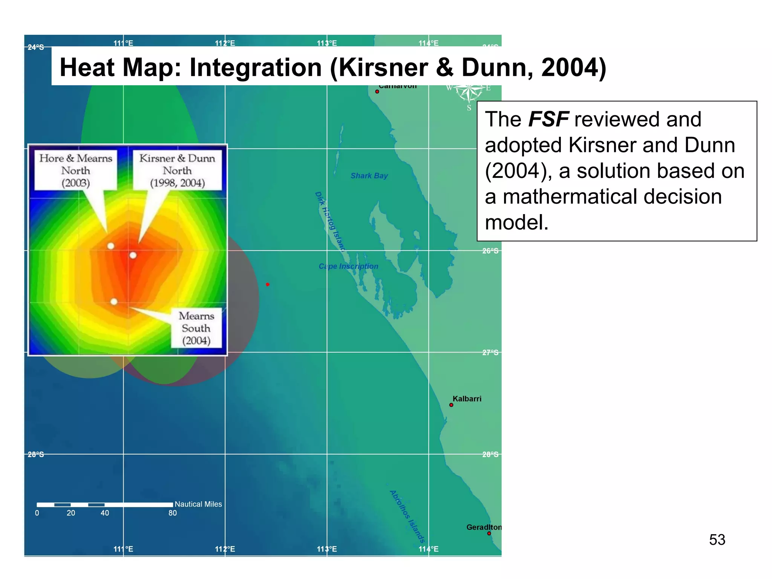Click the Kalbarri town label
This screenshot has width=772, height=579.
(x=467, y=398)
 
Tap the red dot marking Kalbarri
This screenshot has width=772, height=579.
(x=451, y=405)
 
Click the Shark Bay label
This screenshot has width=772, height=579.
(x=369, y=176)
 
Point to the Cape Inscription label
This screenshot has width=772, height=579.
(x=348, y=266)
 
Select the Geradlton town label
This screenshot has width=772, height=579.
(x=484, y=527)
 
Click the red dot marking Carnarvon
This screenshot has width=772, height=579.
(x=377, y=92)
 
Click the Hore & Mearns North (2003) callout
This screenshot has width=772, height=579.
(x=76, y=170)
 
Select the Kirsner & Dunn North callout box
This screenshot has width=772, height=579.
(x=177, y=170)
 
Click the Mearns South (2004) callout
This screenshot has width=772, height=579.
(x=196, y=328)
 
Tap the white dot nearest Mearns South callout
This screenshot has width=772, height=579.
(x=114, y=302)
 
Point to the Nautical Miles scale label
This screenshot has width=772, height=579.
(x=198, y=504)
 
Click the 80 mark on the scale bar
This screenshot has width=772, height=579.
(x=173, y=513)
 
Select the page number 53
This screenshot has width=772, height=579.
(x=717, y=540)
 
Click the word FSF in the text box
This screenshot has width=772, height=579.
(x=548, y=119)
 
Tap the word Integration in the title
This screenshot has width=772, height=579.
(x=256, y=68)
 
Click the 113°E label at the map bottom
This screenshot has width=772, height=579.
(x=327, y=549)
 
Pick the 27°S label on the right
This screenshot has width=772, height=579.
(x=490, y=352)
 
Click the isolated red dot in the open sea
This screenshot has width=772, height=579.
(x=268, y=284)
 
